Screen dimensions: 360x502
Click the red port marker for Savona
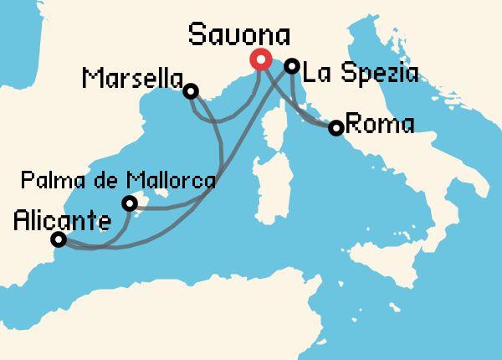pyautogui.click(x=259, y=59)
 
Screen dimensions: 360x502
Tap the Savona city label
pyautogui.click(x=239, y=35)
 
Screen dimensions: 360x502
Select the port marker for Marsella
pyautogui.click(x=191, y=90)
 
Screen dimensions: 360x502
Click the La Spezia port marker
pyautogui.click(x=292, y=65)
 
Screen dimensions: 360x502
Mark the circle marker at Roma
pyautogui.click(x=336, y=128)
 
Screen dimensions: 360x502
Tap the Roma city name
pyautogui.click(x=379, y=126)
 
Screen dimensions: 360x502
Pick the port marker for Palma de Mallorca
pyautogui.click(x=129, y=203)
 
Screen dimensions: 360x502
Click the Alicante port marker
pyautogui.click(x=59, y=239)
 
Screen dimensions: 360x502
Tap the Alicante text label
pyautogui.click(x=63, y=222)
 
